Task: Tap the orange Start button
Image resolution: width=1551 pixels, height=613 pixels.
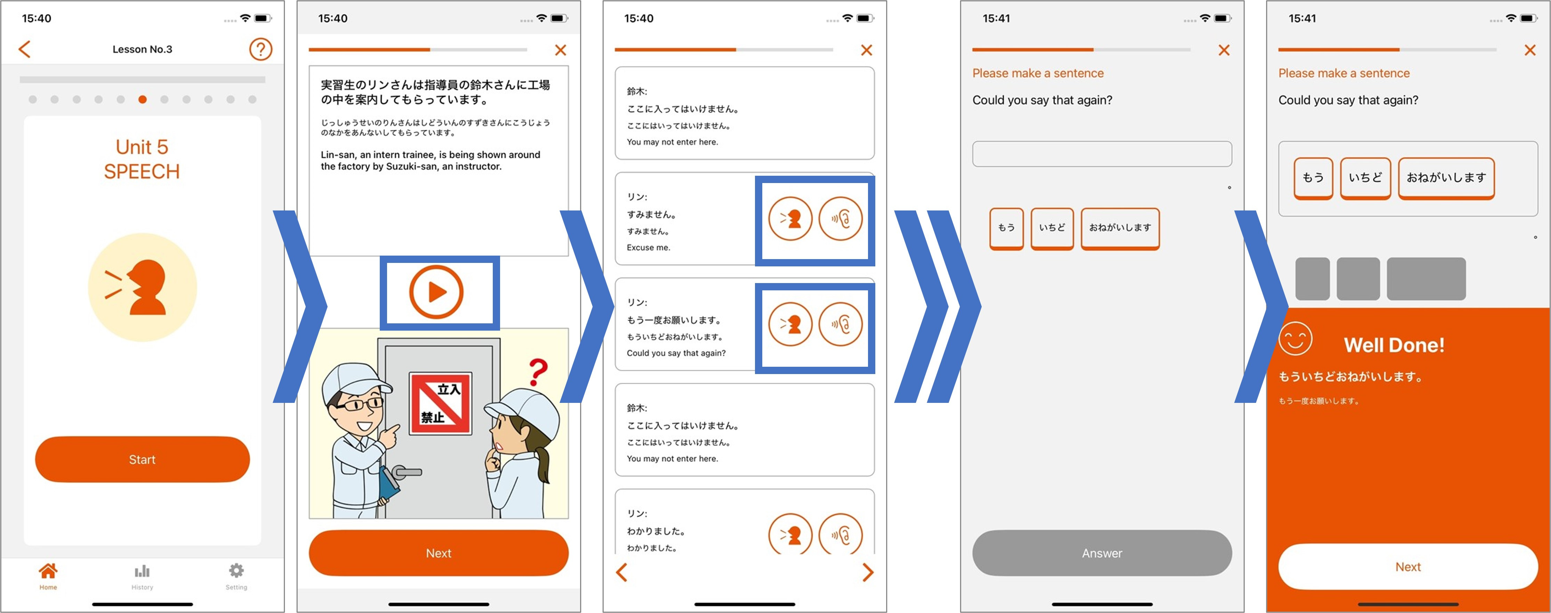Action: point(142,459)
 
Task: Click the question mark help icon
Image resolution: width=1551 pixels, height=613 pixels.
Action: point(261,49)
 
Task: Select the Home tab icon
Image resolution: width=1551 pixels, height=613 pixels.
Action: point(48,571)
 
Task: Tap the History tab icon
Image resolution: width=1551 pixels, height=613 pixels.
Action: point(142,571)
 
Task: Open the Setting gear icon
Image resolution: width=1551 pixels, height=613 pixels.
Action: point(236,570)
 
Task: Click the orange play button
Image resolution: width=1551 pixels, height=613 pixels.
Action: point(436,292)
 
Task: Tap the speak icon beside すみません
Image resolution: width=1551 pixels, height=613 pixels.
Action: point(790,219)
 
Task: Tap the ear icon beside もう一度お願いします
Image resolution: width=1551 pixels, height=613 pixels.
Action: point(841,324)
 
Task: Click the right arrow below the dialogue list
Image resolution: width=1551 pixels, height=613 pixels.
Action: point(868,572)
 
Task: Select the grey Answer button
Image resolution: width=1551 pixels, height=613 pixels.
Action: point(1102,553)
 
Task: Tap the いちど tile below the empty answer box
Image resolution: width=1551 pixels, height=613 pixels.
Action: point(1052,228)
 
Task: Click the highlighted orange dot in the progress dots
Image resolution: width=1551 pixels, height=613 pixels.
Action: point(142,99)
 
